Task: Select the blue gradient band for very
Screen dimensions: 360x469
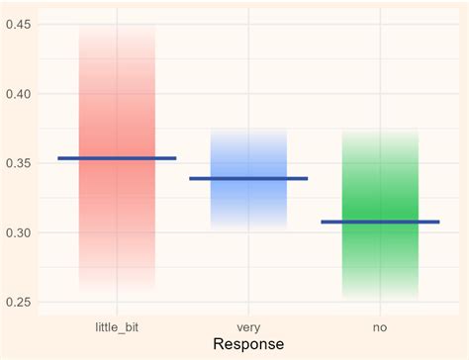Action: (248, 208)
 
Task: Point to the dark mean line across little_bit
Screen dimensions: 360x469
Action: (117, 158)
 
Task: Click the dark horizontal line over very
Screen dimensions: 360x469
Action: (248, 179)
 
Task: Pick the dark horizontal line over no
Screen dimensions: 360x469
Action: (380, 223)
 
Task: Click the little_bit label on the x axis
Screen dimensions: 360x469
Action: (117, 324)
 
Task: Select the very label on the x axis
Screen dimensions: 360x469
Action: (248, 324)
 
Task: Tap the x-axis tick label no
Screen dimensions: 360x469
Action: (380, 324)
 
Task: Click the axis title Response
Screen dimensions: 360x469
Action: (248, 344)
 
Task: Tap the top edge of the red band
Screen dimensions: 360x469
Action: (117, 25)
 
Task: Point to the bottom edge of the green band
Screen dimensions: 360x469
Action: (380, 299)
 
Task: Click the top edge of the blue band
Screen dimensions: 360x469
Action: (248, 129)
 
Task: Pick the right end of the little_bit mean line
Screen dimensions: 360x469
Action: (175, 158)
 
